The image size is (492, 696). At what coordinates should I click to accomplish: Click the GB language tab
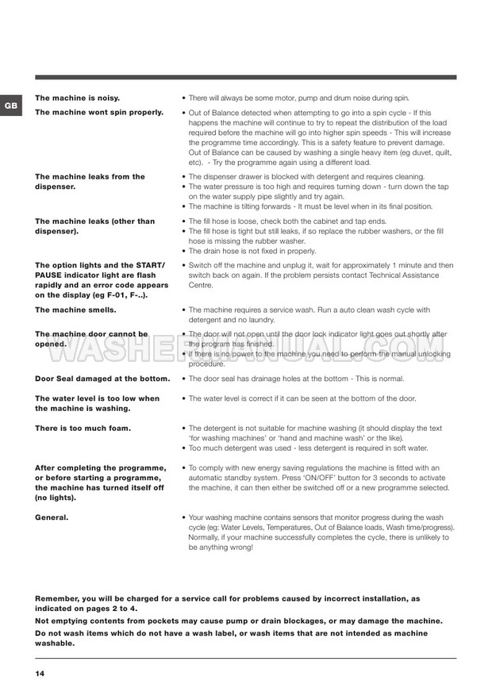click(x=9, y=105)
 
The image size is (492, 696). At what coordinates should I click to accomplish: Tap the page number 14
click(x=40, y=674)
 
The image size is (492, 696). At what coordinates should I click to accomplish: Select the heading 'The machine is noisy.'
click(x=78, y=98)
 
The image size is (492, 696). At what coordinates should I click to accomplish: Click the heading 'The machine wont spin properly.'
click(x=99, y=113)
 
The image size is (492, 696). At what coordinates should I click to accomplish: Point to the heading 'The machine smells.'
click(x=75, y=310)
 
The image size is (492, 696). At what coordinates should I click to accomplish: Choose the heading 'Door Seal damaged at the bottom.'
click(x=102, y=379)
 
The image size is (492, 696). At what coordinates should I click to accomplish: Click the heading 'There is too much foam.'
click(x=83, y=428)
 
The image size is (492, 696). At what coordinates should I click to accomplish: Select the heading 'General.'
click(x=52, y=517)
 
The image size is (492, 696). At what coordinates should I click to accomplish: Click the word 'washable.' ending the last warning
click(x=56, y=644)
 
